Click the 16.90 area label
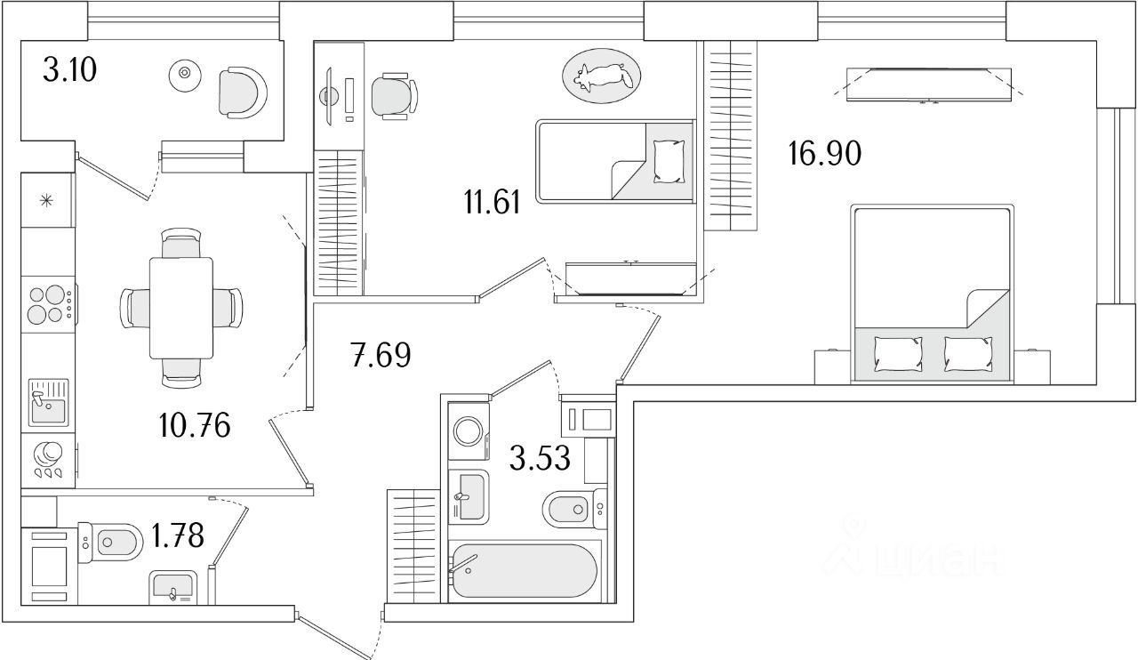tap(824, 155)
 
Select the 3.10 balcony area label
tap(70, 69)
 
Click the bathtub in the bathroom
tap(522, 571)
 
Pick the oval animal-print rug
tap(601, 76)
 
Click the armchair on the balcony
tap(242, 92)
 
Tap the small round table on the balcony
tap(184, 74)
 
